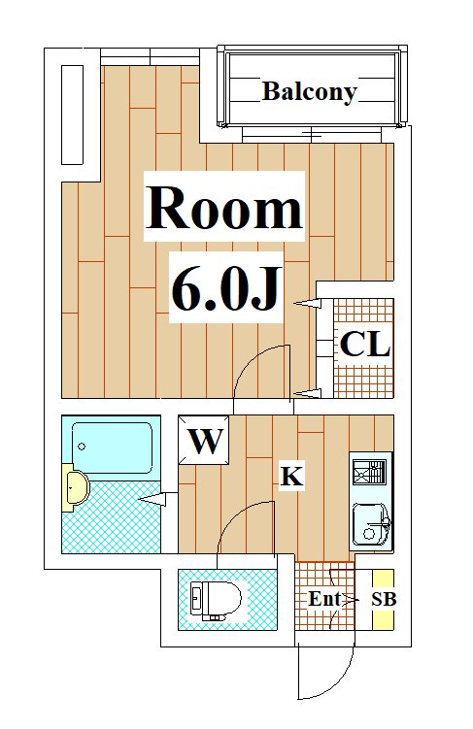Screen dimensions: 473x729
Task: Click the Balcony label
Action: coord(309,92)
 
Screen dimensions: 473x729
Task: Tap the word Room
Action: coord(224,207)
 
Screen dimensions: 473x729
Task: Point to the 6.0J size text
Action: coord(226,288)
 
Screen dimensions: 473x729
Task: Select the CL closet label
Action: coord(364,344)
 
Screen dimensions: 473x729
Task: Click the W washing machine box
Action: coord(204,440)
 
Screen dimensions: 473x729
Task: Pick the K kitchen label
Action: coord(291,476)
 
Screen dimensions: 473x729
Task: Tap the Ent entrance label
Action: coord(324,599)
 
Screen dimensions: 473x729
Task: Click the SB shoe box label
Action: coord(384,599)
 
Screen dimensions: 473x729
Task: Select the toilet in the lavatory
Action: coord(216,601)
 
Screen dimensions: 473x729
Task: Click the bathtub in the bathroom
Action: coord(112,447)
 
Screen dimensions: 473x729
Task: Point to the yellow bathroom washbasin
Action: coord(76,487)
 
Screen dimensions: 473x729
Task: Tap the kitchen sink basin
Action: coord(371,524)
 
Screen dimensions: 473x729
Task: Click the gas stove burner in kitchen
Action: coord(369,473)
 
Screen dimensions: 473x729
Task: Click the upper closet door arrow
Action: coord(307,304)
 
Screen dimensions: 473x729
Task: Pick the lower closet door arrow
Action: coord(307,393)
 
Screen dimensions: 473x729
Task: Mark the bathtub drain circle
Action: coord(82,447)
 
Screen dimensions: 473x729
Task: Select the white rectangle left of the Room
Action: coord(73,115)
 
